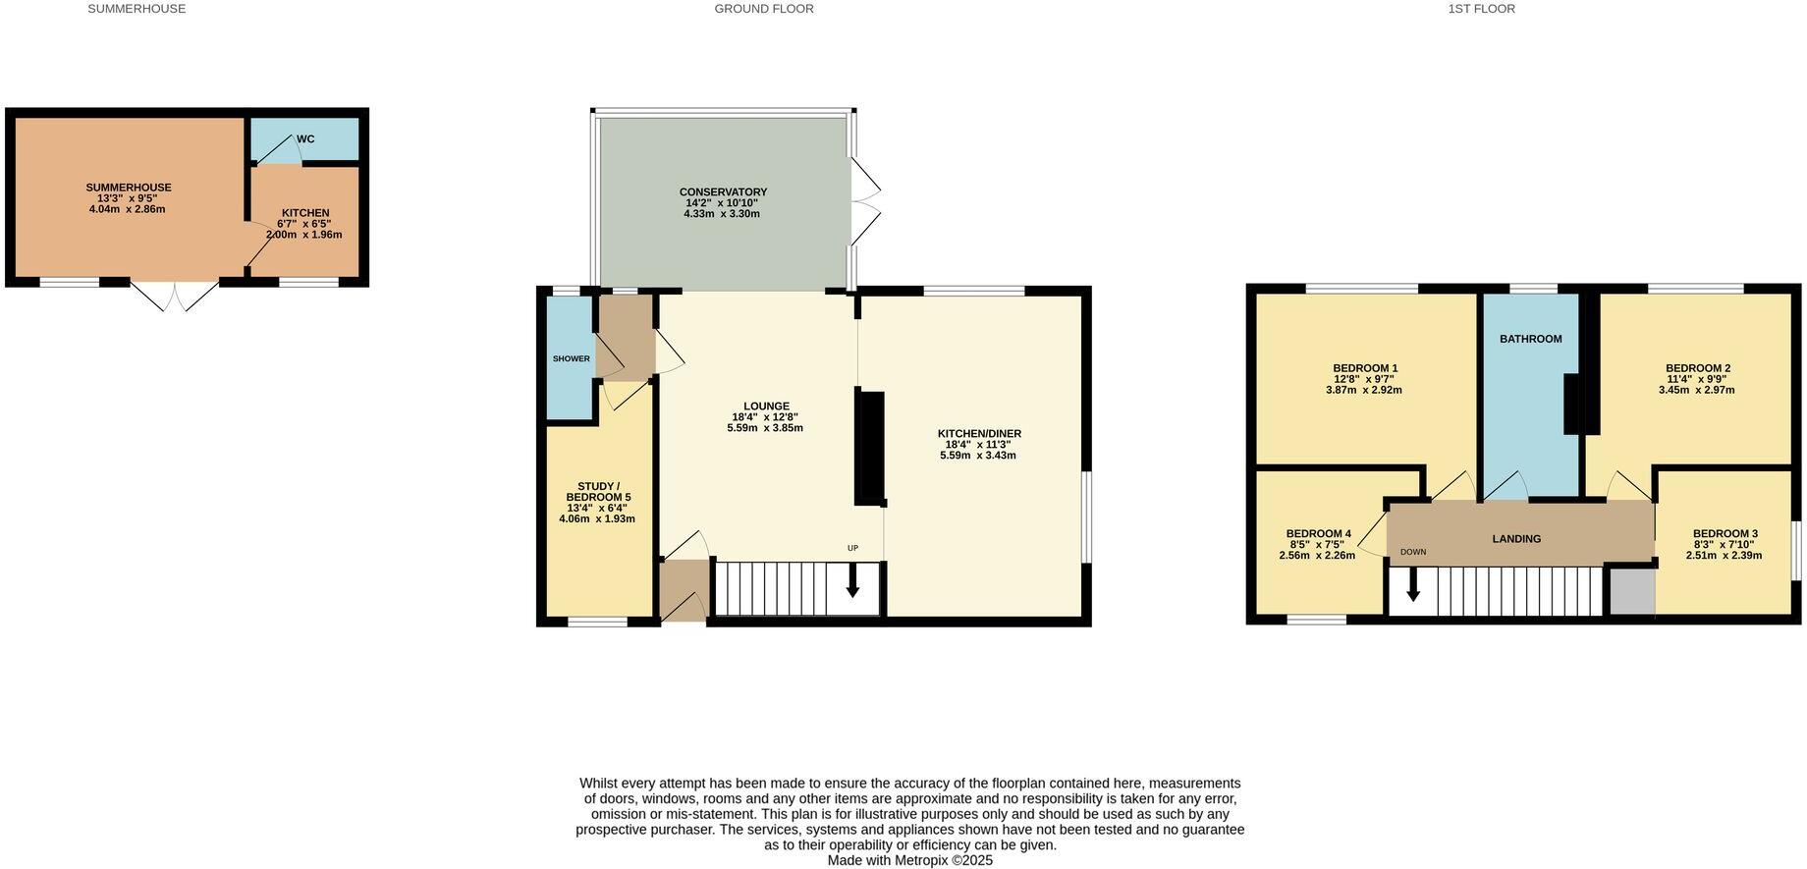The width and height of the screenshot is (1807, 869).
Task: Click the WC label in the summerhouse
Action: pyautogui.click(x=305, y=139)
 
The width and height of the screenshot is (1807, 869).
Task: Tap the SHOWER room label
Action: pyautogui.click(x=571, y=359)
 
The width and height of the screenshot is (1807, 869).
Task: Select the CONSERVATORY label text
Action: pyautogui.click(x=723, y=192)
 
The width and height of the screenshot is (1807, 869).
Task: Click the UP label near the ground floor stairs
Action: pyautogui.click(x=852, y=548)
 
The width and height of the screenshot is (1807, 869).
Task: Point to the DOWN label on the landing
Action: pyautogui.click(x=1413, y=552)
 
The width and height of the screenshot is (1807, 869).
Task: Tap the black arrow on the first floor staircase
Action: pyautogui.click(x=1413, y=584)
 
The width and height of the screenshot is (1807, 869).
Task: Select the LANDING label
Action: pyautogui.click(x=1516, y=539)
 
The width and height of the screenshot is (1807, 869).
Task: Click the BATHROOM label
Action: pyautogui.click(x=1530, y=340)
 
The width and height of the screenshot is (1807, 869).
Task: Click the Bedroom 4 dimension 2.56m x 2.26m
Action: pyautogui.click(x=1317, y=556)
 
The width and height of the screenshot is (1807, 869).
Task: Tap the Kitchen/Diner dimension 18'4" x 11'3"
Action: pyautogui.click(x=978, y=445)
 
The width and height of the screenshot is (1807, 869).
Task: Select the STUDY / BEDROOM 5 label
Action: pyautogui.click(x=598, y=492)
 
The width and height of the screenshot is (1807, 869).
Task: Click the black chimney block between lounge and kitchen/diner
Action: pyautogui.click(x=870, y=448)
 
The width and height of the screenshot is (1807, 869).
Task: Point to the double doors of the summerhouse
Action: pyautogui.click(x=175, y=296)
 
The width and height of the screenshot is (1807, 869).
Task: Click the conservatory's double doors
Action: pyautogui.click(x=864, y=201)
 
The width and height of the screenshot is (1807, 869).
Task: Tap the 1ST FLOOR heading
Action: pyautogui.click(x=1481, y=9)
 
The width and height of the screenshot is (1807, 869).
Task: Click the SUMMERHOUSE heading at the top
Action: pyautogui.click(x=137, y=9)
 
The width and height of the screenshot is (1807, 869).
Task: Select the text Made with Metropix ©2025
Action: pyautogui.click(x=909, y=860)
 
